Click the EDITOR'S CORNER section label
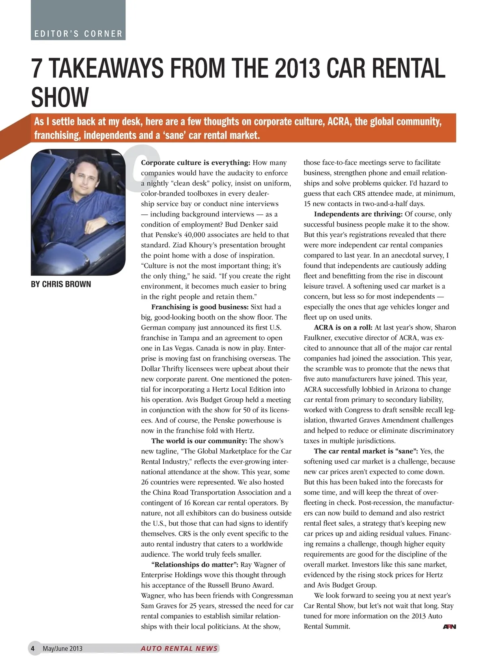78,34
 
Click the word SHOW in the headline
60,97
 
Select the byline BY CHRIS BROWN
61,284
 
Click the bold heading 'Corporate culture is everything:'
195,163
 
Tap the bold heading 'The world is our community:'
199,441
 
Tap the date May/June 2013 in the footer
62,648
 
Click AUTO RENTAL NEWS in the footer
179,648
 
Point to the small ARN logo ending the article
449,627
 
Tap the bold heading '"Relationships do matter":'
194,565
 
